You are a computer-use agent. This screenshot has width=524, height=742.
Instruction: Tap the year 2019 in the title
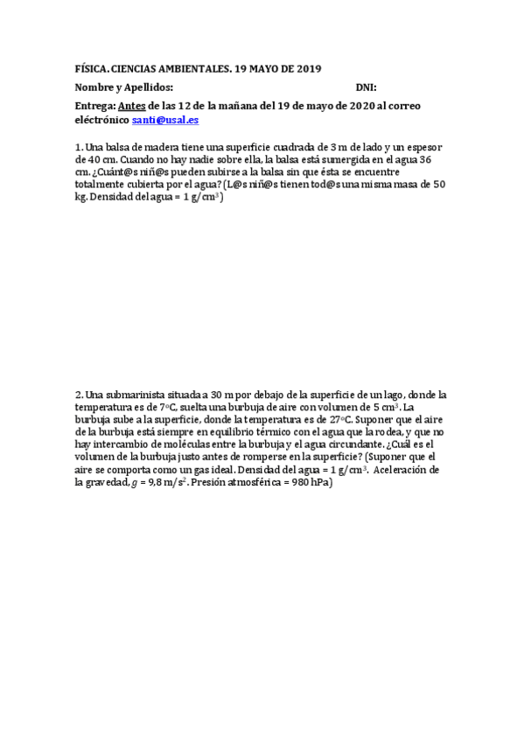307,69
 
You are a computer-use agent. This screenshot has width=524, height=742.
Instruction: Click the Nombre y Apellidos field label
124,87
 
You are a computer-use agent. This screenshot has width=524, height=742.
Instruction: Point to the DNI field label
366,87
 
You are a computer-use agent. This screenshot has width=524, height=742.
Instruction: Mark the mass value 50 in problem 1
438,185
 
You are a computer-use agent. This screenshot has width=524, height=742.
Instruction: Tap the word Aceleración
406,470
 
